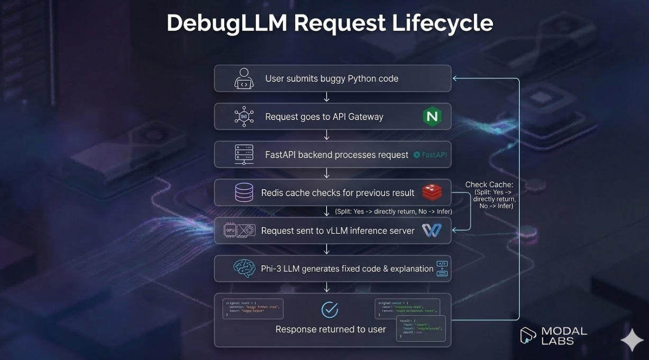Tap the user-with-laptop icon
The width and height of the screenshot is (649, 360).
244,79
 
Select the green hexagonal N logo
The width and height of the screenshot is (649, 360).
432,116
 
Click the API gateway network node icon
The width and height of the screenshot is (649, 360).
244,117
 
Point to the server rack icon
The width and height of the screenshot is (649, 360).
244,155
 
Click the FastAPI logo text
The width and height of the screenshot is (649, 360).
431,155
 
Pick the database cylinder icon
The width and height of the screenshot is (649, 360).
244,192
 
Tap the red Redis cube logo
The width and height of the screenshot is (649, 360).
432,192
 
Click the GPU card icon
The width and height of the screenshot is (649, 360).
239,230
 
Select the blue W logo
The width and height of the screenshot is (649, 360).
432,230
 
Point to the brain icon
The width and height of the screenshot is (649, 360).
244,268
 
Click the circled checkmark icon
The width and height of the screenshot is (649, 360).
330,310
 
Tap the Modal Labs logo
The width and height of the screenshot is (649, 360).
553,336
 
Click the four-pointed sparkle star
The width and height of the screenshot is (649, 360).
632,340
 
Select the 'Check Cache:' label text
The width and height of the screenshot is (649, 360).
489,184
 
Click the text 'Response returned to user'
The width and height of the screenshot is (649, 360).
331,329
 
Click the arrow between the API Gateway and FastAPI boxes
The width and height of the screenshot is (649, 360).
327,135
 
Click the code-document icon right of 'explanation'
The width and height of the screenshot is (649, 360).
442,269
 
